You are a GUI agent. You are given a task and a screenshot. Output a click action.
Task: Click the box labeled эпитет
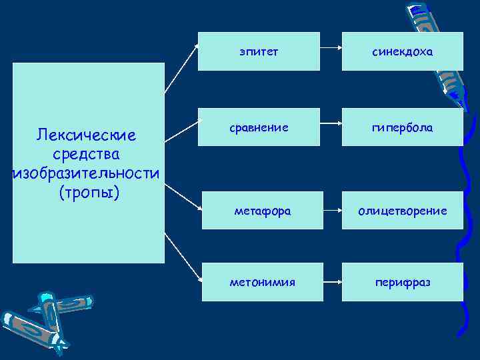(259, 51)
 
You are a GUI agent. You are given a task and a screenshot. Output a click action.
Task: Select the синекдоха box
(403, 51)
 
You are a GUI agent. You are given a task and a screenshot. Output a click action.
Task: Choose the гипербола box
(403, 127)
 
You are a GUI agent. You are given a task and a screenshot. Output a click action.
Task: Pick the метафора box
(262, 211)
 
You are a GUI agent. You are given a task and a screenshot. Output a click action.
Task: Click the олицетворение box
(403, 211)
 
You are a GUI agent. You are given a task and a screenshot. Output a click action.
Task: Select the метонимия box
(262, 282)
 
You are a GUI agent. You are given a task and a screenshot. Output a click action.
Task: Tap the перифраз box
(403, 282)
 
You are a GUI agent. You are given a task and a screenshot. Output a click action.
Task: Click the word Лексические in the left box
(87, 136)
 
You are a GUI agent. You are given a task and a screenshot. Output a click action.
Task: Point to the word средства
(88, 155)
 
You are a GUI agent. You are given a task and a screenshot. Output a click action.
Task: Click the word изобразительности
(87, 174)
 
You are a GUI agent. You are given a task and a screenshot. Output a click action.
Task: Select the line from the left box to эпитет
(181, 67)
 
